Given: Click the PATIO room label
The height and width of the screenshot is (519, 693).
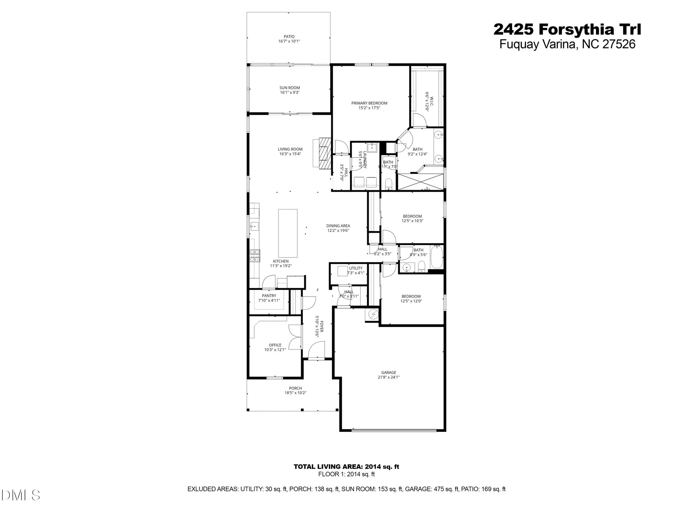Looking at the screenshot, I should (289, 36).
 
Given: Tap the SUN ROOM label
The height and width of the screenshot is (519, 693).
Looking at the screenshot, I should (290, 88).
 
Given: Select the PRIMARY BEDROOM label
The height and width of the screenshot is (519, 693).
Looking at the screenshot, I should (369, 103).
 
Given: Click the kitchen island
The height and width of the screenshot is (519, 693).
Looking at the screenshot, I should (288, 233).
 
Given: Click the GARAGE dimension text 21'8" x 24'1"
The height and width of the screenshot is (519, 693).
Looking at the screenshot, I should (388, 377).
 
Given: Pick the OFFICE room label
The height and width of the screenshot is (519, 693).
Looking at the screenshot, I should (275, 345).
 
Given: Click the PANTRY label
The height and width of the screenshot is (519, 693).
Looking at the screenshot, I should (269, 296).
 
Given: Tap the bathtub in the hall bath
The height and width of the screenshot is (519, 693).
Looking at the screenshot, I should (437, 256).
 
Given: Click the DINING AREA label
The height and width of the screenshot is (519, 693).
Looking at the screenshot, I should (338, 226).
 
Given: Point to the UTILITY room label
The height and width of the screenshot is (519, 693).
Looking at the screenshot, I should (356, 268).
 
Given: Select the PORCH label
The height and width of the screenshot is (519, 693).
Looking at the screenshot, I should (295, 388).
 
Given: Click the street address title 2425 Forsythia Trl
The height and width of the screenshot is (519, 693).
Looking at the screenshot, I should (567, 29).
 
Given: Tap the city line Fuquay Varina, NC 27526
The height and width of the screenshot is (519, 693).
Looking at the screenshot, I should (567, 45).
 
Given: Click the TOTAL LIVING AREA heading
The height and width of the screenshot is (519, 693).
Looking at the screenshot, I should (346, 466).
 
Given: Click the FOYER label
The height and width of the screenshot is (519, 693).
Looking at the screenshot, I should (322, 326).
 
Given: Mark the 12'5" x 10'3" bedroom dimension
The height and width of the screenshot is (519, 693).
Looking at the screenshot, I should (412, 221).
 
